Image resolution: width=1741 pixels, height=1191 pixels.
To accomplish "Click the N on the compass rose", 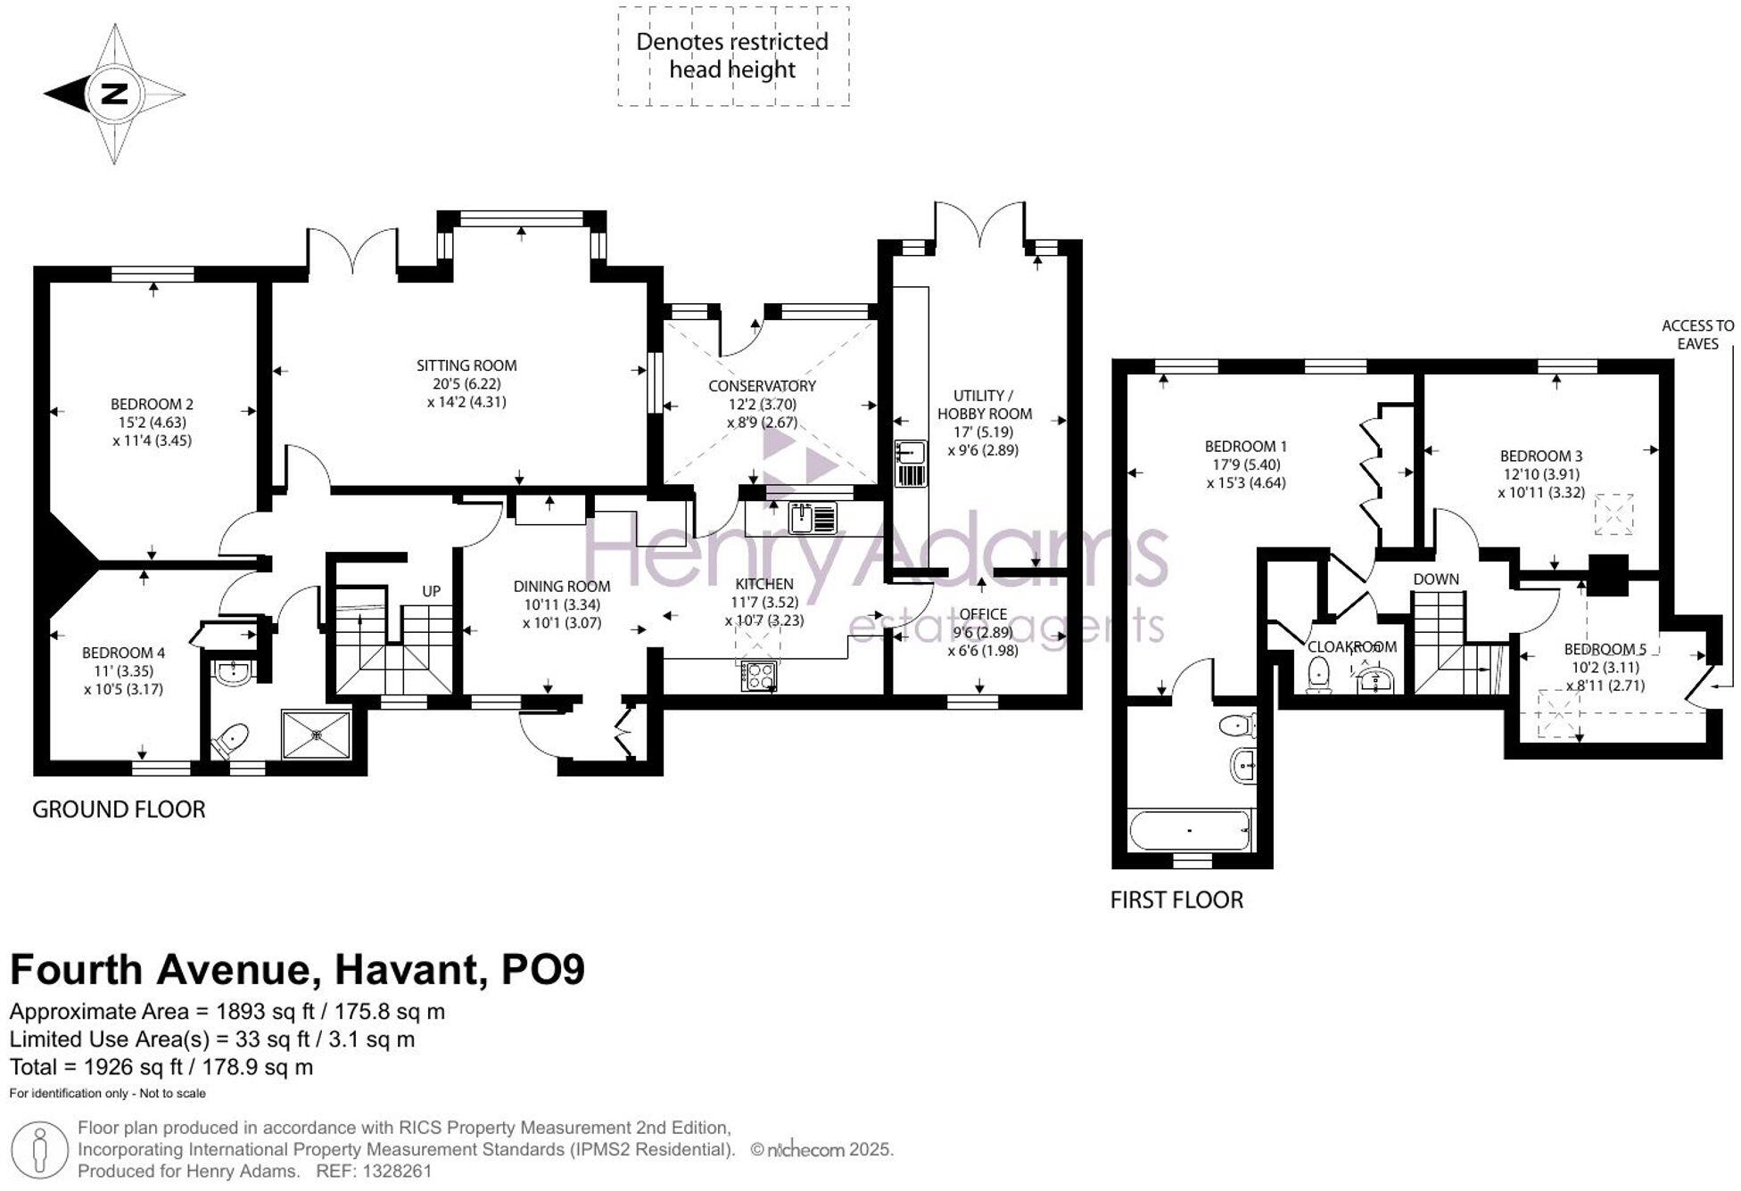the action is point(115,94).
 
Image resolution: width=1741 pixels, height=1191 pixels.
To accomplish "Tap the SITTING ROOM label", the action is point(466,365).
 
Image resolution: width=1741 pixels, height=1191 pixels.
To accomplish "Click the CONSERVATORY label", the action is point(762,386).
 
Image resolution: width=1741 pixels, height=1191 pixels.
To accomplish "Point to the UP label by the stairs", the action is point(431,591).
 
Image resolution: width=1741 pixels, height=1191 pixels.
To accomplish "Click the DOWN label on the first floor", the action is point(1436,579).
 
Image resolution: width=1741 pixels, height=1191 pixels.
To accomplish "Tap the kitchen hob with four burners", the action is point(758,676).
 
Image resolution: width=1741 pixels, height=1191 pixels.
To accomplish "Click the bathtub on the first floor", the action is point(1190,830).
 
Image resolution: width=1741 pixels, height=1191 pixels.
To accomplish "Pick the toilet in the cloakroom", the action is point(1318,675).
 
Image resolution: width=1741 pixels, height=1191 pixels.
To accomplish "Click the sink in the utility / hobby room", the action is point(911,464).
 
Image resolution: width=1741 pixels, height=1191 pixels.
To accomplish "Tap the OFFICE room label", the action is point(983,614).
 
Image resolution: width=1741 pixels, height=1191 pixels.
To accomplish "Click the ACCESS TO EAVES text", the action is point(1697,335).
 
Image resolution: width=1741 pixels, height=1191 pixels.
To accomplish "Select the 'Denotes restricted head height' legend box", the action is point(733,56).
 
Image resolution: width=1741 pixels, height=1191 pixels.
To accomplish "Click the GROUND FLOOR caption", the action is point(119,809).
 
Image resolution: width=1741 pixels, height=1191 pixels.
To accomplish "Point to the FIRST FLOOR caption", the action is point(1176,900).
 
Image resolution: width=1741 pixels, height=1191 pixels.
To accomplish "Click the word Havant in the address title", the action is point(403,970).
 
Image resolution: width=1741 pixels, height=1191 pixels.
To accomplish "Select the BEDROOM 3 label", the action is point(1541,456).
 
